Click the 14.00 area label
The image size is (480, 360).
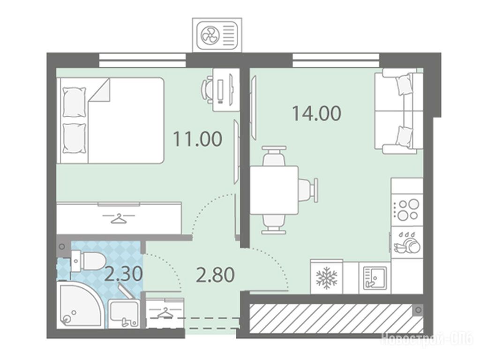[x=316, y=113]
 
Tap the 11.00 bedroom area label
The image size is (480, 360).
[x=197, y=138]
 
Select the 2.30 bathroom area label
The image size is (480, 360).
[x=123, y=274]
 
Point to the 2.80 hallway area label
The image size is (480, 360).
[x=215, y=275]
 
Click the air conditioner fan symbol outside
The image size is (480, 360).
[x=210, y=34]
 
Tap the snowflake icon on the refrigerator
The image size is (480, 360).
[x=327, y=277]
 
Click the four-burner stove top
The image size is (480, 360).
[x=407, y=210]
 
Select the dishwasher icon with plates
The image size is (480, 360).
[x=407, y=242]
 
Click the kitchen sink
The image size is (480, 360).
[x=375, y=277]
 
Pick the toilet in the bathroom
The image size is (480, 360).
[x=88, y=261]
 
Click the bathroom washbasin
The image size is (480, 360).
[x=124, y=314]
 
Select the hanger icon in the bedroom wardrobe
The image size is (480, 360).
[x=119, y=218]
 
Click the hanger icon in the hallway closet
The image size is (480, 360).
[x=165, y=313]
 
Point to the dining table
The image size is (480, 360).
[x=274, y=190]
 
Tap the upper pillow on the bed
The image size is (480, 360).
[x=74, y=102]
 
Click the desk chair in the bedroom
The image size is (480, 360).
[x=208, y=90]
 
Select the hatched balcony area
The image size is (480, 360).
[x=337, y=318]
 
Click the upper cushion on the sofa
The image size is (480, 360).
[x=404, y=84]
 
